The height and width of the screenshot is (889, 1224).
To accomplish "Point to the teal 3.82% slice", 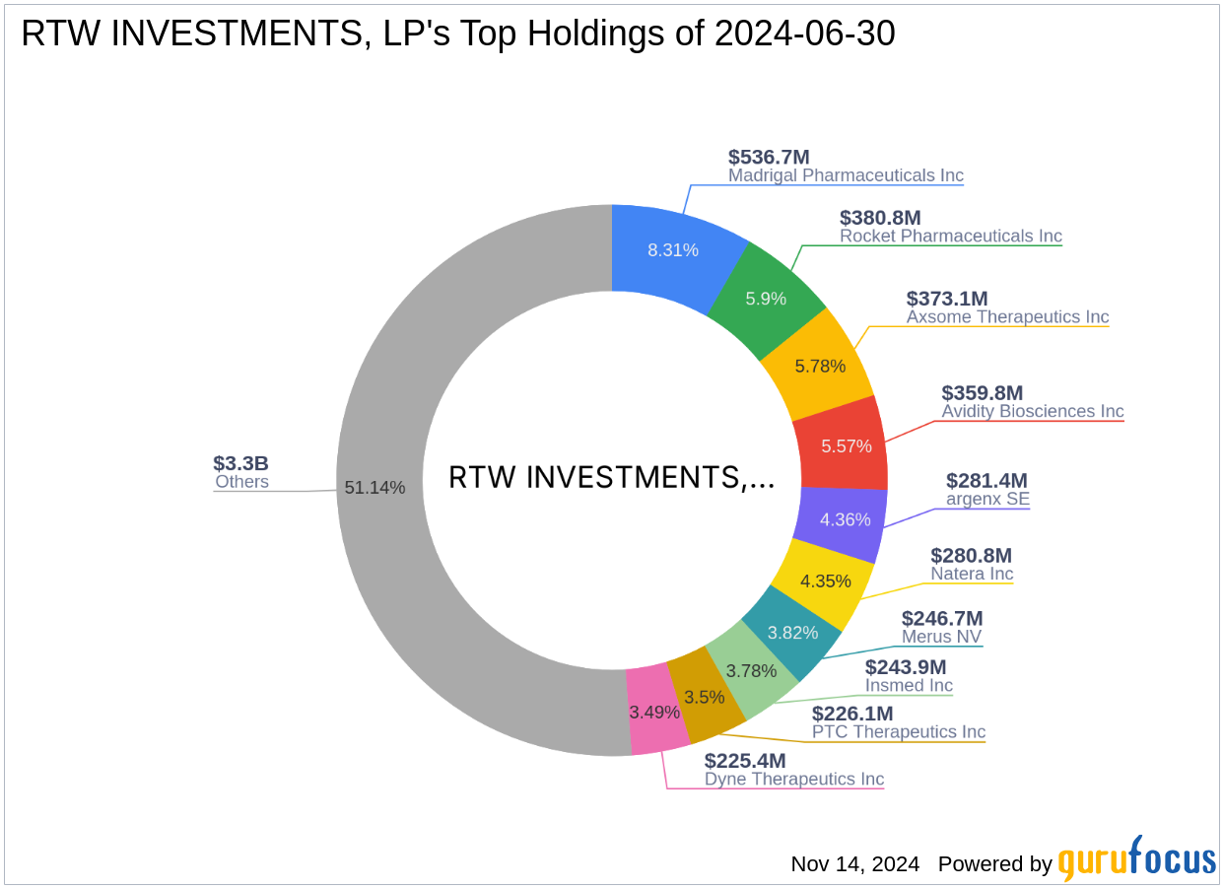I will coord(792,633).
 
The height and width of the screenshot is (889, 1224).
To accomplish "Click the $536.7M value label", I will coord(769,157).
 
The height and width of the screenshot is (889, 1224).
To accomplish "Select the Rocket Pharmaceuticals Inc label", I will coord(950,236).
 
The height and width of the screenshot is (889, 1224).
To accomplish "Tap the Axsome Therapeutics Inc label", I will coord(1007,316).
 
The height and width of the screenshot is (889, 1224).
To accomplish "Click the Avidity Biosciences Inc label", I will coord(1032,411).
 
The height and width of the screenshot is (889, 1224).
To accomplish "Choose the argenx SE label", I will coord(987,499).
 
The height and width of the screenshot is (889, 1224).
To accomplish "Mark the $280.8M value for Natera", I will coord(971,556).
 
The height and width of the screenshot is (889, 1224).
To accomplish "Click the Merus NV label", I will coord(941,637).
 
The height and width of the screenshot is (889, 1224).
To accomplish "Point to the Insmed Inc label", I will coord(909,685).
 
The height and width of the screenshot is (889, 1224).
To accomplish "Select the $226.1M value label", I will coord(852,713).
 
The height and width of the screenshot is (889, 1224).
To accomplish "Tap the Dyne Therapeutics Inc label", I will coord(793,779).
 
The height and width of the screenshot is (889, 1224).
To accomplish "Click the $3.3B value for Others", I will coord(240,463).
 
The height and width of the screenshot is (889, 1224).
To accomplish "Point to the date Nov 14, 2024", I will coord(854,864).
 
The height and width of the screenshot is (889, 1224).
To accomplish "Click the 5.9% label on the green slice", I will coord(766,298).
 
